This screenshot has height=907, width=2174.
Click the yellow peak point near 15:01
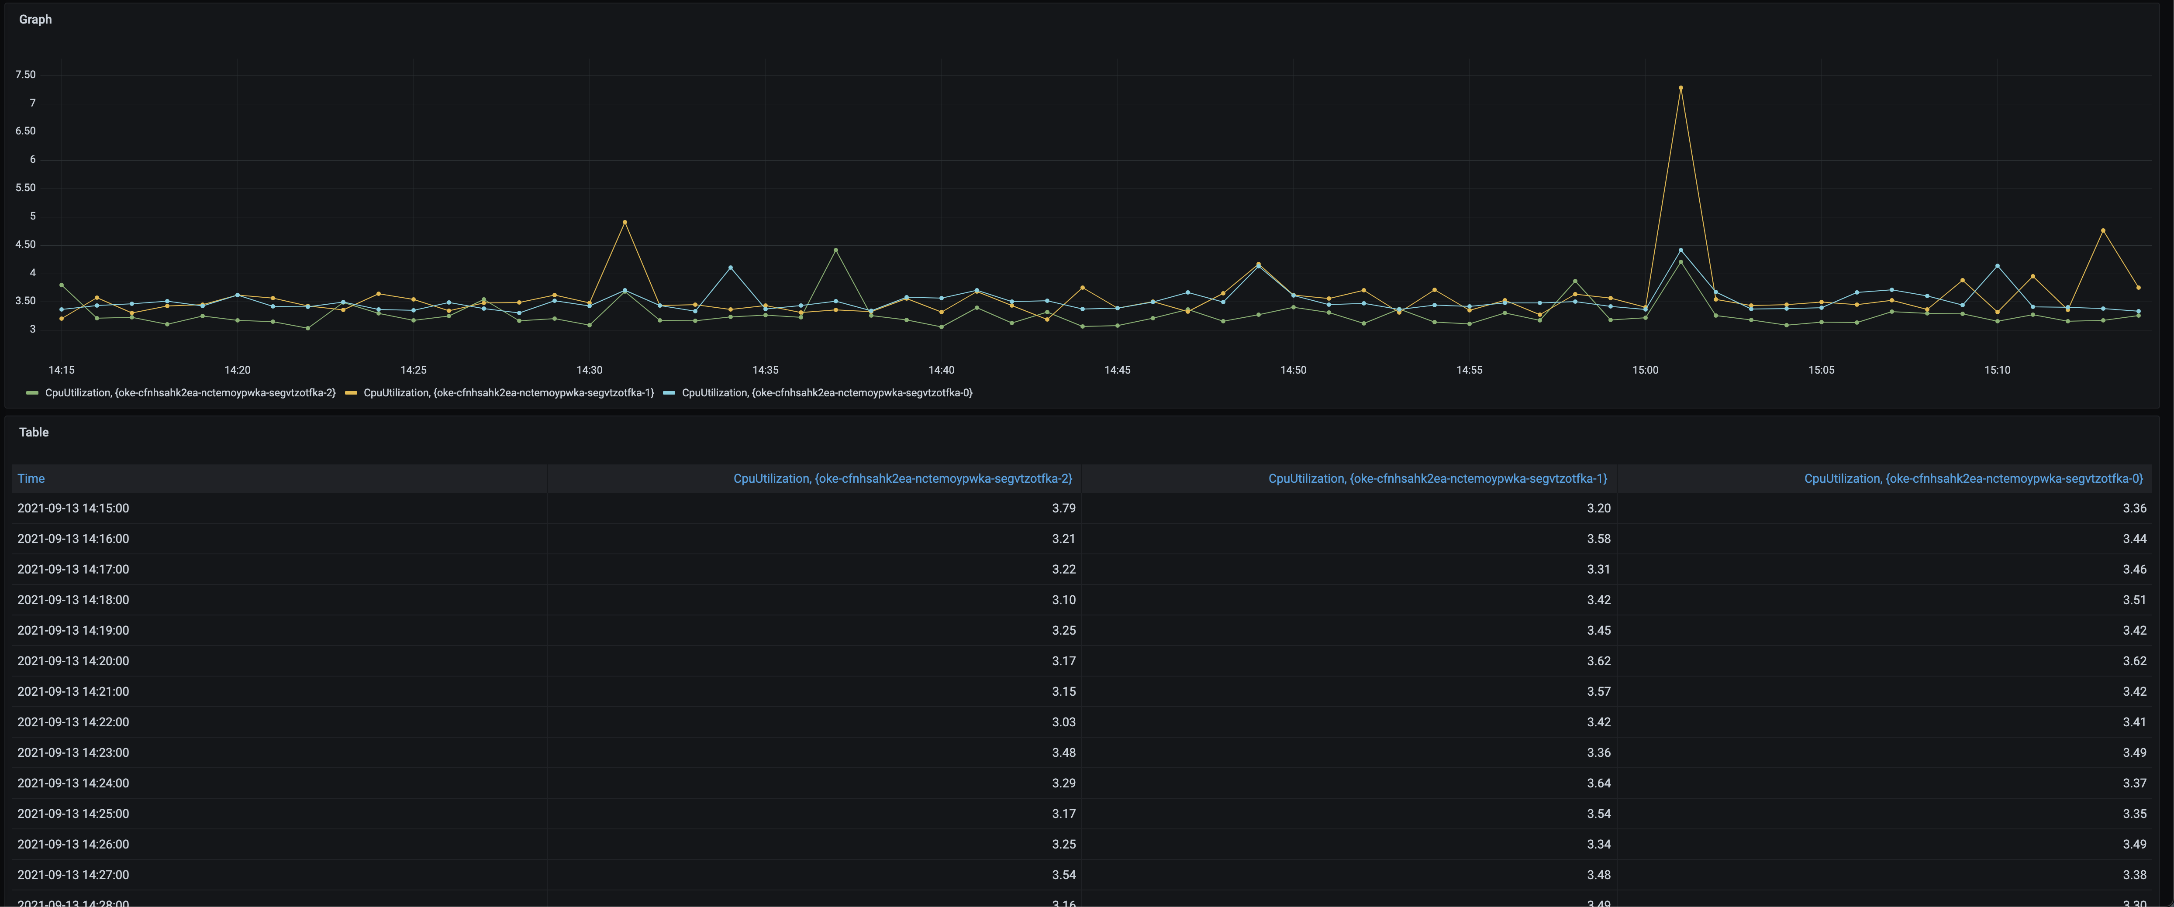tap(1681, 88)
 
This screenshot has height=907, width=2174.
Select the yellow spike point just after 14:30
tap(625, 222)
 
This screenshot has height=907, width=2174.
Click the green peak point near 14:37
tap(835, 251)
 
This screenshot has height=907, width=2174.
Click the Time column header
tap(31, 478)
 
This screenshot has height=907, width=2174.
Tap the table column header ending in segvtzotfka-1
tap(1437, 478)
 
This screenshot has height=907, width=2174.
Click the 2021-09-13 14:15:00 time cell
tap(73, 508)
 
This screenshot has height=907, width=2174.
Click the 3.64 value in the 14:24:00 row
tap(1598, 783)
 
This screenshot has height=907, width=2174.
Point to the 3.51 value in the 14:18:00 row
tap(2134, 600)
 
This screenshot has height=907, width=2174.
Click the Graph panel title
tap(35, 19)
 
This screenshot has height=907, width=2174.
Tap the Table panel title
tap(34, 432)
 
